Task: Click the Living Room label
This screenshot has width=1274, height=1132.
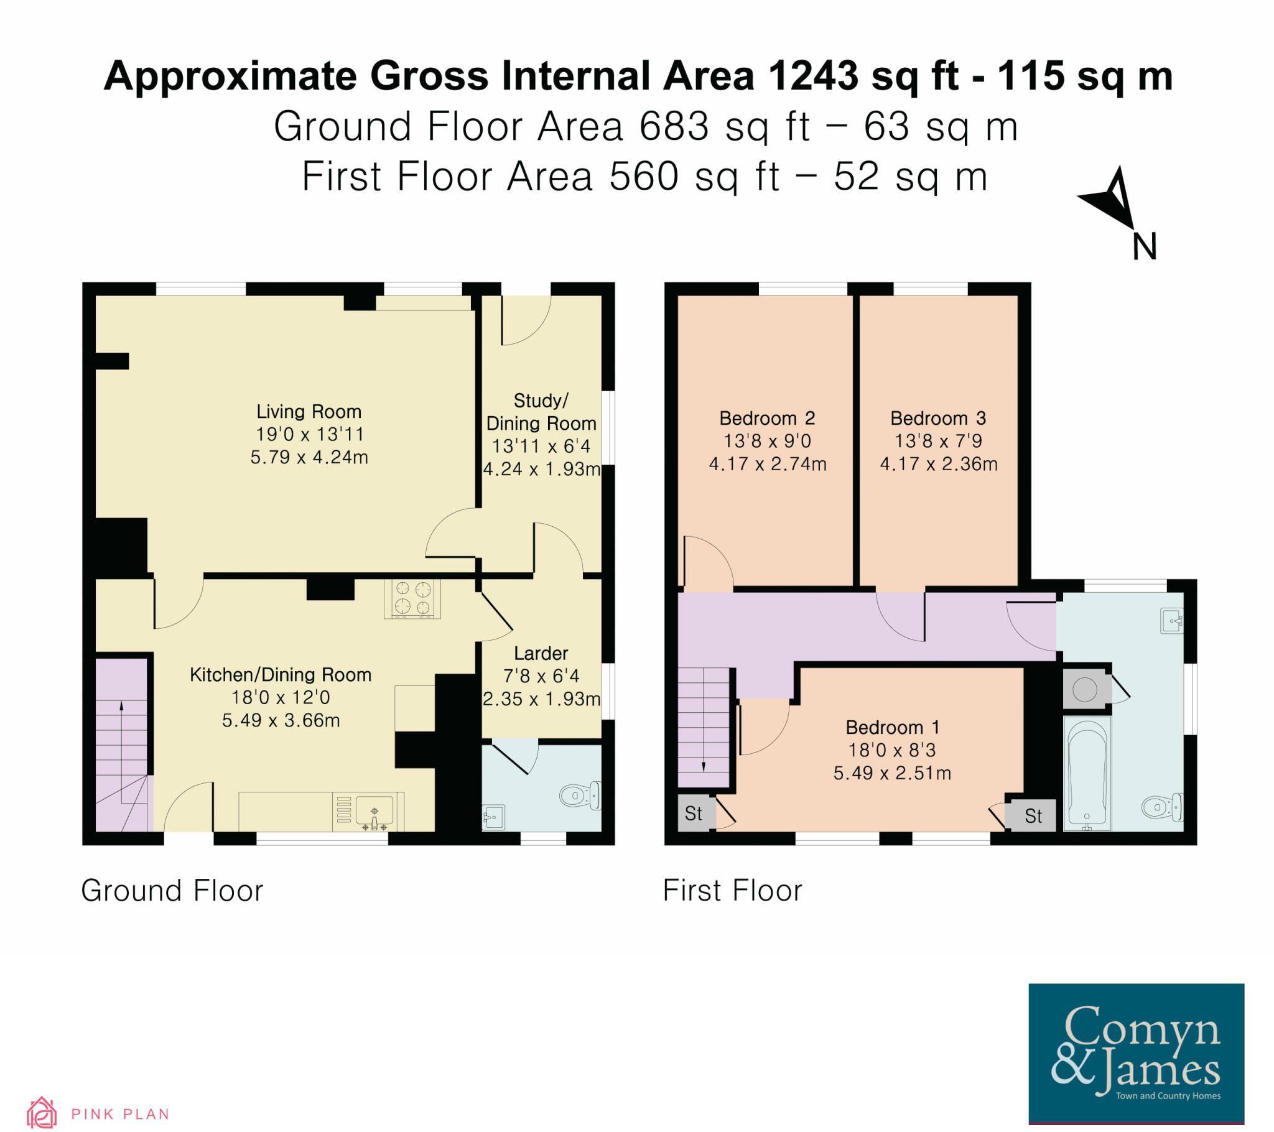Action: click(x=309, y=412)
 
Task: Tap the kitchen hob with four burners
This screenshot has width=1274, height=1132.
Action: click(x=412, y=598)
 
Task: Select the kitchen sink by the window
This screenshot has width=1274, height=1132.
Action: click(x=374, y=811)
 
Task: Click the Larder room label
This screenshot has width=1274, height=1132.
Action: click(x=541, y=653)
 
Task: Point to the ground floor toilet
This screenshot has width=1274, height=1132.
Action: click(x=580, y=796)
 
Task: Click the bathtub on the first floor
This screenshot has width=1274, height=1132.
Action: click(x=1087, y=774)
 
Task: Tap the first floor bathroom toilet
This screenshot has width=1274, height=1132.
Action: click(x=1163, y=808)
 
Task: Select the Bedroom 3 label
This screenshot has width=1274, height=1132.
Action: click(x=938, y=418)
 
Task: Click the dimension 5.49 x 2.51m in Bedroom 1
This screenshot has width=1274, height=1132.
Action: click(x=892, y=774)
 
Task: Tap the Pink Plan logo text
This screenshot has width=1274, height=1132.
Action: click(x=120, y=1114)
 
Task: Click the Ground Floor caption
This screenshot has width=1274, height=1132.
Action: click(x=172, y=891)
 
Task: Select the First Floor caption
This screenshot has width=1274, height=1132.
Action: click(x=732, y=891)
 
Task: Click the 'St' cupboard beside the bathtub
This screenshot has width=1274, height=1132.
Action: click(x=1033, y=816)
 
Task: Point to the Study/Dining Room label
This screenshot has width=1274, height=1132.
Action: click(x=541, y=412)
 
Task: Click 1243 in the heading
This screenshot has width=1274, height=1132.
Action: click(x=814, y=77)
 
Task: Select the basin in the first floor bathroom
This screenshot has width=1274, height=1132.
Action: click(x=1172, y=621)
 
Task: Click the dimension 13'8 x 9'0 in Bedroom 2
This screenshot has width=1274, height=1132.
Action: click(x=767, y=442)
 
